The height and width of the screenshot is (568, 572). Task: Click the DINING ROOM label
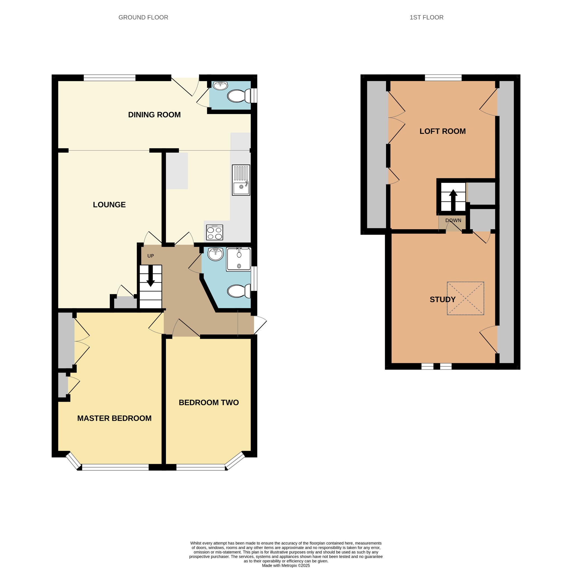tap(154, 115)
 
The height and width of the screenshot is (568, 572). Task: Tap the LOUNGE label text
tap(109, 205)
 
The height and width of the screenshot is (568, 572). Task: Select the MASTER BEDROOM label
tap(114, 418)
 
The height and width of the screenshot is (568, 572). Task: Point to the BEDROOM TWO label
tap(209, 403)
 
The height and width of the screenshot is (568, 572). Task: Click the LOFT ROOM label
tap(443, 131)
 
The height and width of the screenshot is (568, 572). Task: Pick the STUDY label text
tap(443, 300)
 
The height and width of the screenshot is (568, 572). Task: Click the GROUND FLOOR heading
tap(143, 18)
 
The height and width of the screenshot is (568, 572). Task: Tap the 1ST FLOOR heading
tap(427, 18)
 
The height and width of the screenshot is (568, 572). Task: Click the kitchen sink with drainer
tap(241, 180)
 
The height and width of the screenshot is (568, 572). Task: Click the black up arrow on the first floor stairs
tap(453, 200)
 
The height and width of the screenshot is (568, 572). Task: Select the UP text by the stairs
tap(151, 256)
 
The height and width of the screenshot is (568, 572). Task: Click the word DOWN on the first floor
tap(453, 221)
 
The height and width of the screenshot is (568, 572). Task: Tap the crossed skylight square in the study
tap(465, 298)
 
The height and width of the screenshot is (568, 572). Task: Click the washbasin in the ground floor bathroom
tap(216, 254)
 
